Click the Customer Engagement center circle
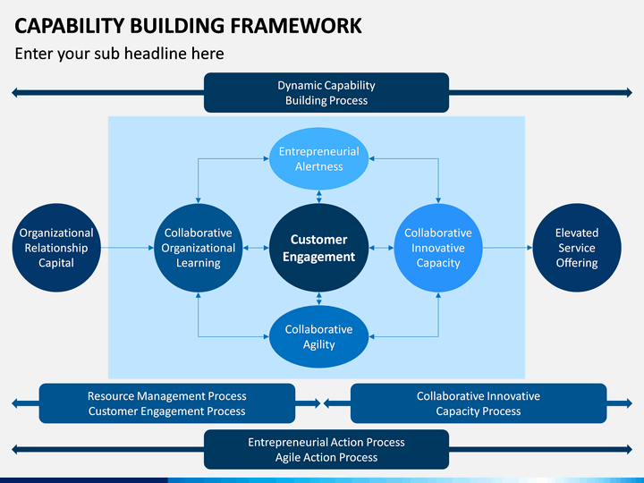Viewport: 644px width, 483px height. click(318, 248)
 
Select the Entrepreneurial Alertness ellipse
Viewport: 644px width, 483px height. click(318, 158)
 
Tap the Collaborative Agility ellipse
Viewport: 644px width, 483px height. click(318, 336)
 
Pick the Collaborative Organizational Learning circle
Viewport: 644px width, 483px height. click(198, 248)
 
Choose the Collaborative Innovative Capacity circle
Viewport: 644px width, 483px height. click(438, 248)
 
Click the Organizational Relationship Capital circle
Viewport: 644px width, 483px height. click(56, 248)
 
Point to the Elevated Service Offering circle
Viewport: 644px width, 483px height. click(577, 248)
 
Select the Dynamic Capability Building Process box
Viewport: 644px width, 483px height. click(326, 92)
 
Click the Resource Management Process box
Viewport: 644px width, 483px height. click(166, 403)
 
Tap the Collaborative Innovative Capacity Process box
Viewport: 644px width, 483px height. click(479, 403)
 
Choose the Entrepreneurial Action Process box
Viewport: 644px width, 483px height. click(326, 449)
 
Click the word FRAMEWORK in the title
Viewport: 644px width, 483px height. click(296, 26)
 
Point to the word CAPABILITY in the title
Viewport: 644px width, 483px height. click(70, 26)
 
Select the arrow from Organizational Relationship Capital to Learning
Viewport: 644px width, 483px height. click(127, 248)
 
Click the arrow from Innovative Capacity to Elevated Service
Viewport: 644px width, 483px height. click(508, 248)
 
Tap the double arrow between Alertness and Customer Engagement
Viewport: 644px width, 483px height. click(319, 197)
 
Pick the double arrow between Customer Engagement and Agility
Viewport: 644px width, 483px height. click(319, 299)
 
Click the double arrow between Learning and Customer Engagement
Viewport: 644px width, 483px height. click(256, 248)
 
